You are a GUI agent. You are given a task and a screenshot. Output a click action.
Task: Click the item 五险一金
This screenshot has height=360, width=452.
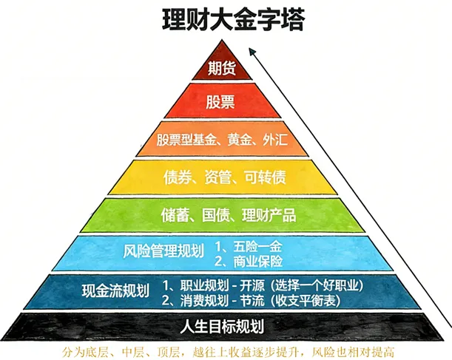coord(256,245)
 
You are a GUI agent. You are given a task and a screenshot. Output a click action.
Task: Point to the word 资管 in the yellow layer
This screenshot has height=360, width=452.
coord(220,177)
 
